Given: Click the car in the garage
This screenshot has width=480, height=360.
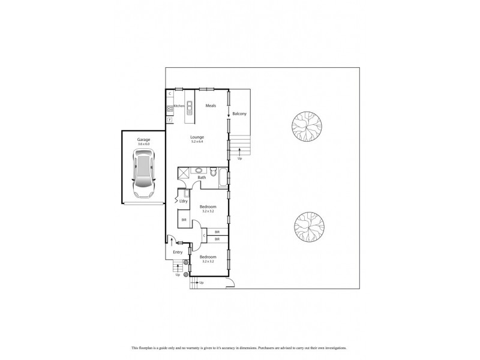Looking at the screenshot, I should tap(143, 174).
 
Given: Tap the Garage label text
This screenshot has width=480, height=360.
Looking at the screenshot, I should tap(143, 139).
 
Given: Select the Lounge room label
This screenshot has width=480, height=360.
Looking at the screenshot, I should tap(197, 137).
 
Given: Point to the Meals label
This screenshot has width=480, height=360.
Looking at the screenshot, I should tap(211, 106).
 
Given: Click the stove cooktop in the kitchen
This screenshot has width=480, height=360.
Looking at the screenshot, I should tap(170, 109).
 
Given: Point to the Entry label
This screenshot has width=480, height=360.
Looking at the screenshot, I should tap(178, 252).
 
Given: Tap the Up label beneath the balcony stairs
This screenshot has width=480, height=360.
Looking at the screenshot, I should tap(240, 159).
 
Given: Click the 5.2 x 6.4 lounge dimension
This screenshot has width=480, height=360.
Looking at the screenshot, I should tap(197, 142).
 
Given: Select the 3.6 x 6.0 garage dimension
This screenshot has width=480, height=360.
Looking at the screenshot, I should tap(143, 144).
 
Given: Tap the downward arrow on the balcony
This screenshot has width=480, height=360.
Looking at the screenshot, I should tap(229, 114).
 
